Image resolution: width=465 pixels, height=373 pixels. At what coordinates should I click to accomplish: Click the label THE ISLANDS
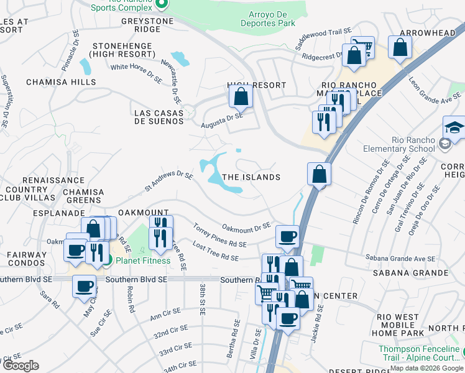tap(251, 177)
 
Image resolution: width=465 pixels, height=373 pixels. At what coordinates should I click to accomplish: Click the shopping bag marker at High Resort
tap(241, 98)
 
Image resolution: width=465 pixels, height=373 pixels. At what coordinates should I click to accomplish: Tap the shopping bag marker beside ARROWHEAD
tap(400, 47)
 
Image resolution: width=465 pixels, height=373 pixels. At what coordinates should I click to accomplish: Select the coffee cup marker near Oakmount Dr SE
tap(287, 237)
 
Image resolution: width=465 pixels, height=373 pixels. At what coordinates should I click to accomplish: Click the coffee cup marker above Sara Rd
tap(85, 287)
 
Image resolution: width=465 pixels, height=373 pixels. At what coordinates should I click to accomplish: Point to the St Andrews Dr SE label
tap(168, 181)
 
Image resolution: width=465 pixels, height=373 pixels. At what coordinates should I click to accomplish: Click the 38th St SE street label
tap(203, 298)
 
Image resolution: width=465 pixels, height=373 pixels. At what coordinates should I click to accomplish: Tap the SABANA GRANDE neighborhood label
tap(402, 272)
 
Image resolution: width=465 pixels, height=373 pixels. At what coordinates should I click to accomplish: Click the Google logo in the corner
tap(21, 366)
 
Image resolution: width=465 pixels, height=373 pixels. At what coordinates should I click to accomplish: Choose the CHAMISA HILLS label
tap(61, 82)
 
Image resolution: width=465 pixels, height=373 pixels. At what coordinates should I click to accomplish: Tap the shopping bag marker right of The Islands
tap(319, 175)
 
